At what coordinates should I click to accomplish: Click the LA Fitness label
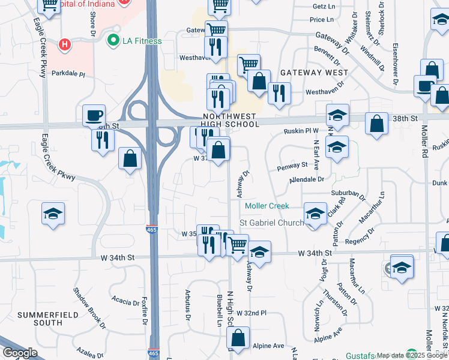click(x=142, y=41)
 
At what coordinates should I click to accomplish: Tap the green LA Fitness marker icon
click(x=112, y=41)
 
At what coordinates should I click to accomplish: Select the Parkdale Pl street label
click(x=68, y=74)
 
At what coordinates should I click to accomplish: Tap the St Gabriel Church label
click(x=272, y=223)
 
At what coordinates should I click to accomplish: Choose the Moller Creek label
click(x=267, y=206)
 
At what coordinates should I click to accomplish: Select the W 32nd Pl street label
click(x=251, y=313)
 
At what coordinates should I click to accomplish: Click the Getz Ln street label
click(x=324, y=6)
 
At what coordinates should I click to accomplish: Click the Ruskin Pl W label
click(x=303, y=130)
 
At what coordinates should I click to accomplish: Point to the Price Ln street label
click(x=321, y=20)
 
